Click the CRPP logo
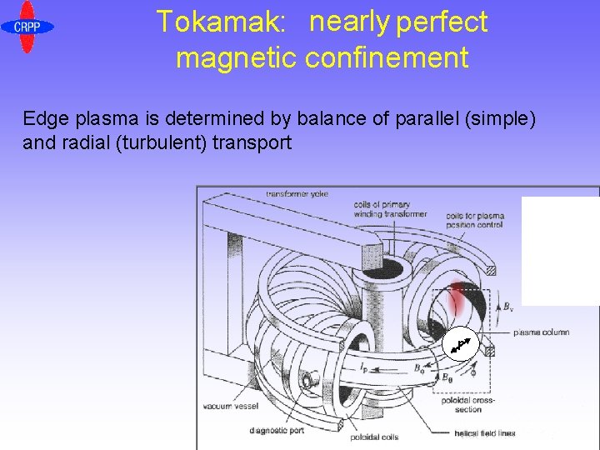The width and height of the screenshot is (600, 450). click(27, 27)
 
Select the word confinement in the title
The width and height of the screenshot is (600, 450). click(387, 58)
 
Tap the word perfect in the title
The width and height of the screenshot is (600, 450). click(442, 22)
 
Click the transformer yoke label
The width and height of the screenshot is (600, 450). click(297, 194)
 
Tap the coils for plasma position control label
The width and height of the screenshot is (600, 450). click(475, 221)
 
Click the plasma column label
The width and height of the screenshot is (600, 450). click(542, 332)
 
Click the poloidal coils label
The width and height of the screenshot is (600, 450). click(377, 436)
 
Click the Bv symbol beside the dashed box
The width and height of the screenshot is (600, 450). click(507, 306)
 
